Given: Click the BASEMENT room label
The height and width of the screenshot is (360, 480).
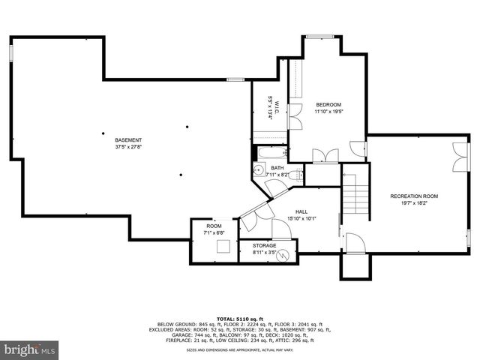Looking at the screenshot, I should point(128,140).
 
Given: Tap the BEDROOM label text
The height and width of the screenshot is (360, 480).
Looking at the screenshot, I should point(328,104).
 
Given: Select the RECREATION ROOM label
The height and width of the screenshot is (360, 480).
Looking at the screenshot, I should point(414,196).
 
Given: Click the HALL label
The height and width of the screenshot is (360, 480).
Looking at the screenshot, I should point(301,212).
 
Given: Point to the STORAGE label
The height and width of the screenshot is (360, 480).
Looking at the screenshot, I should point(264,246).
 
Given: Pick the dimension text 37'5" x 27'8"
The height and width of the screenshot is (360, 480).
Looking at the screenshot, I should point(128,147).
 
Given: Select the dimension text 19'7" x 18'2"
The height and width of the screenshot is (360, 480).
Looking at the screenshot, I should point(414,202).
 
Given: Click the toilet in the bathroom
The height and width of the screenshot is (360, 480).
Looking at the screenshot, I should point(296,176).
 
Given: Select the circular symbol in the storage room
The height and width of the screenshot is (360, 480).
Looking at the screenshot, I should point(283,256).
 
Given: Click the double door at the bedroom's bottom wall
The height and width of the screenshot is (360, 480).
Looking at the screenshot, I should point(325,156).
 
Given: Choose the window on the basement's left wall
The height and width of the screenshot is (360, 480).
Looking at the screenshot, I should point(11,54).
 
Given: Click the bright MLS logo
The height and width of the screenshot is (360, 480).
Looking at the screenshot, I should point(30,349).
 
